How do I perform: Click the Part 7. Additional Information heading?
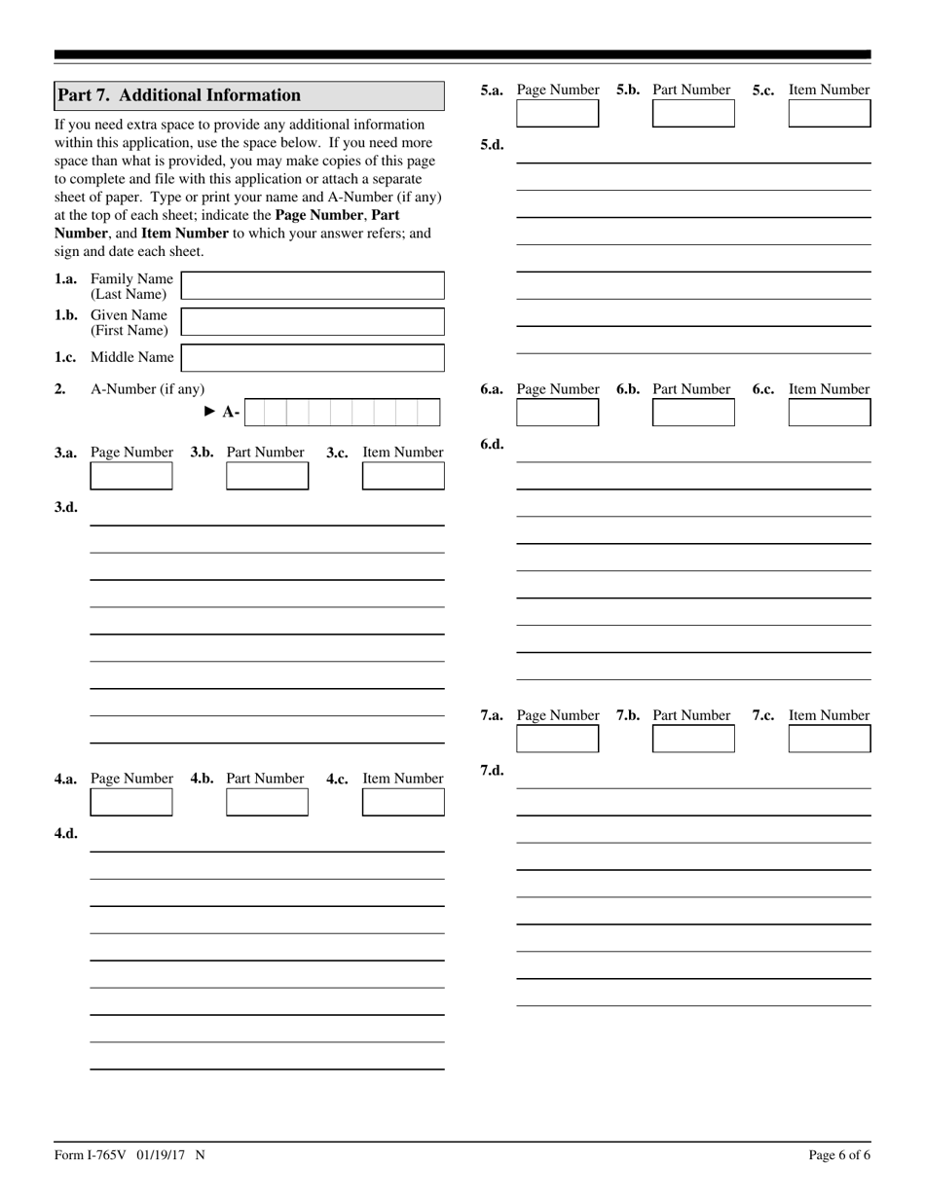[179, 95]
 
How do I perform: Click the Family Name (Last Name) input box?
[313, 286]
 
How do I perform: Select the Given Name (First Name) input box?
[313, 322]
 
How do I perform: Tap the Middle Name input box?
[313, 358]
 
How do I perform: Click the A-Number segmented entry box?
[343, 413]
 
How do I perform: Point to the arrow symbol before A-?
[209, 412]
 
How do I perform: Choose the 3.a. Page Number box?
[131, 476]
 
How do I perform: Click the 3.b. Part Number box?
[267, 476]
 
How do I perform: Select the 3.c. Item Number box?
[403, 476]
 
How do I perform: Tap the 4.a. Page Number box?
[131, 802]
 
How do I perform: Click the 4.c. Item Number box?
[403, 802]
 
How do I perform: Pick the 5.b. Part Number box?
[693, 114]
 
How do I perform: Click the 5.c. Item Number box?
[830, 114]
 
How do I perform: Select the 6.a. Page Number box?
[557, 413]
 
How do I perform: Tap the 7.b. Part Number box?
[693, 739]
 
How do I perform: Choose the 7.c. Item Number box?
[830, 739]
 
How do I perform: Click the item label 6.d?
[492, 445]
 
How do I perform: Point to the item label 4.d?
[66, 834]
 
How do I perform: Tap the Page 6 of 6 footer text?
[839, 1155]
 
